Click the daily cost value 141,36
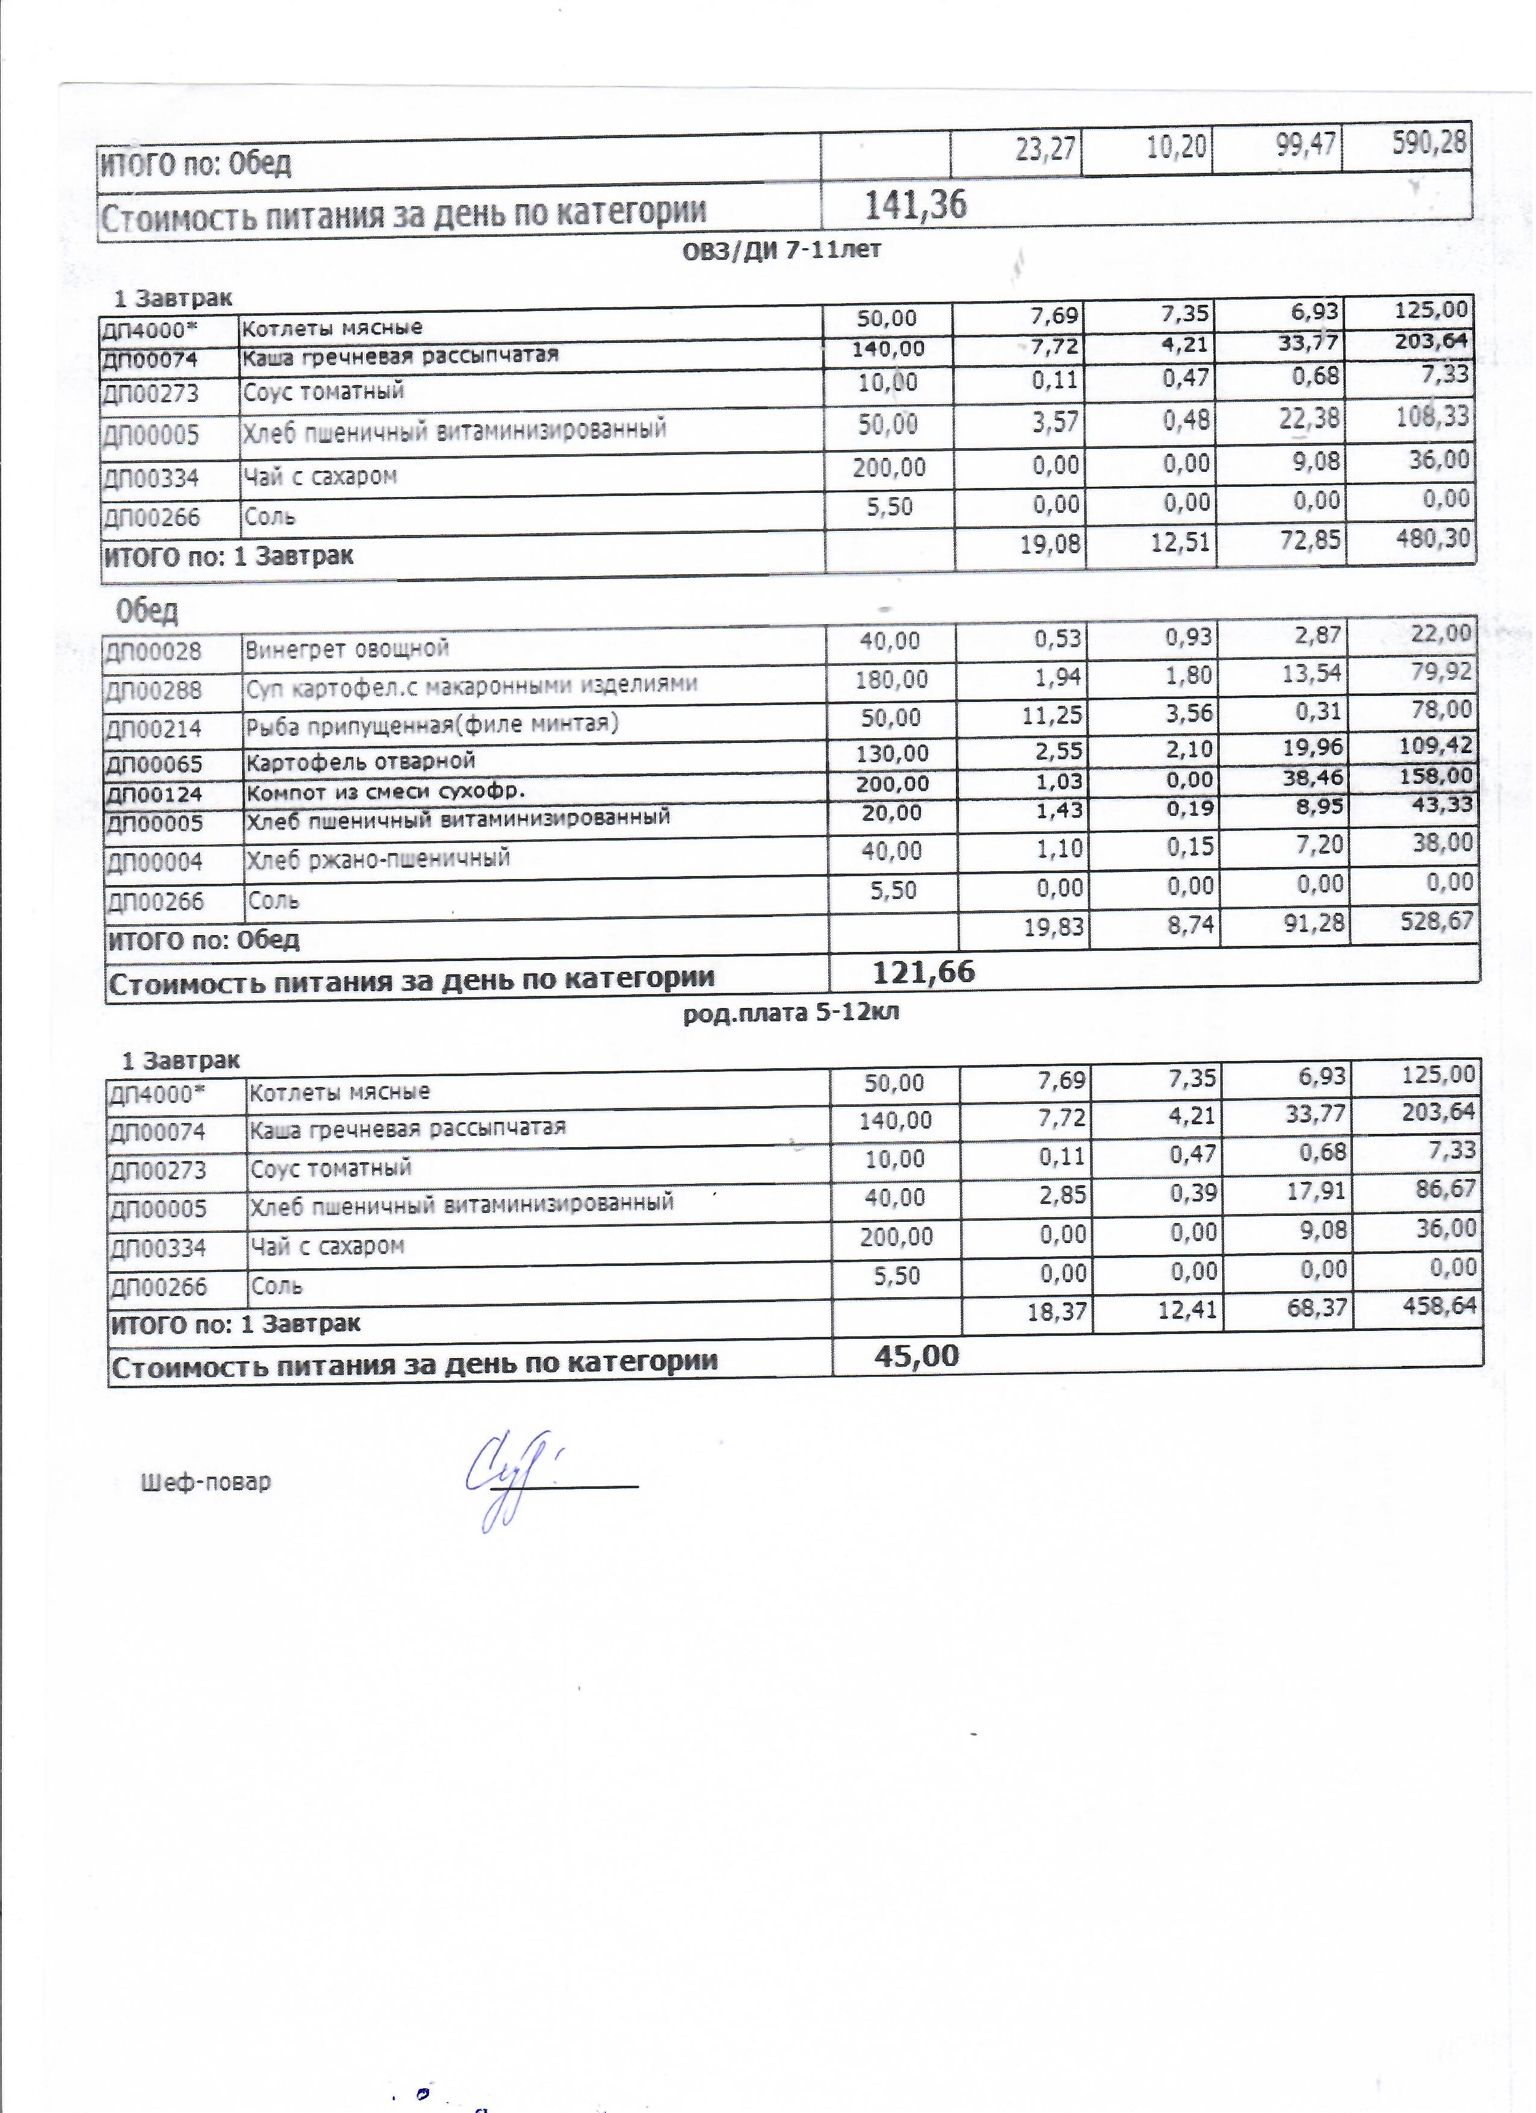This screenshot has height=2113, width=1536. (916, 204)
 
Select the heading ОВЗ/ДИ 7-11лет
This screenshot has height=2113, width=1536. (781, 249)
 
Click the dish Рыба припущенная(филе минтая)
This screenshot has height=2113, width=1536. (431, 724)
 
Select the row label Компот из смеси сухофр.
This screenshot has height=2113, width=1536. (386, 792)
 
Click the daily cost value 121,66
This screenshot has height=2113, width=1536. (923, 972)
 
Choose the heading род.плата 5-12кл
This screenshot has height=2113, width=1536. (791, 1013)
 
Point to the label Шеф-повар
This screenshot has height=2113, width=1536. (206, 1482)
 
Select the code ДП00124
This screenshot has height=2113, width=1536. (153, 795)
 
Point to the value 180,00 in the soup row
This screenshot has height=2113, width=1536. (891, 679)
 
